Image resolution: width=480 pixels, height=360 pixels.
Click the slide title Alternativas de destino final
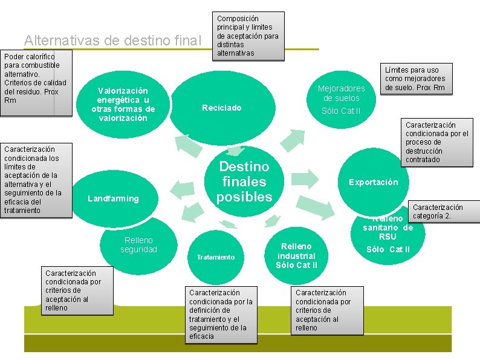point(112,41)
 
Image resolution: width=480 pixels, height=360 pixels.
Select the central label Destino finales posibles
point(244,182)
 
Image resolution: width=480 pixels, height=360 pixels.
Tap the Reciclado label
point(221,108)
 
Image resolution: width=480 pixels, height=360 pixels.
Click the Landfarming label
point(113,198)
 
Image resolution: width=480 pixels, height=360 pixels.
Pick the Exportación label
point(373,182)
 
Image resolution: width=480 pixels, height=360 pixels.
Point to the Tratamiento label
point(215,257)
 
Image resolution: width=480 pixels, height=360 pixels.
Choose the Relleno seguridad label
point(138,245)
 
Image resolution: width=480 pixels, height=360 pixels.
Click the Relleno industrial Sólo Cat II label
point(296,255)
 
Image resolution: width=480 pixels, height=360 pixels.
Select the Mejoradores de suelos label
point(341,93)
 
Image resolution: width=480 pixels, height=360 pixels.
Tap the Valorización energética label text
point(123,104)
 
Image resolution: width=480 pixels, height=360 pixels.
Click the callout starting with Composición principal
point(248,36)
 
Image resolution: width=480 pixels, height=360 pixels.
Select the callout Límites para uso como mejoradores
point(415,79)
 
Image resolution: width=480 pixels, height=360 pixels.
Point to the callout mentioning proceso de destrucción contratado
point(436,142)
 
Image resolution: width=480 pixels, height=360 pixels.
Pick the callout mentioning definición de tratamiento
point(221,314)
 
